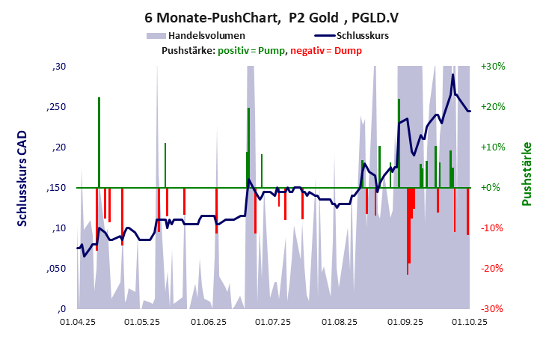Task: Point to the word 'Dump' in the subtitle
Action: point(348,51)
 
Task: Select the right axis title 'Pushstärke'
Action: point(527,174)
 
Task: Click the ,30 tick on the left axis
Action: point(58,67)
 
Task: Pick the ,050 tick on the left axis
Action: point(56,269)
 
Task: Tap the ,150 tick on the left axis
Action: point(56,188)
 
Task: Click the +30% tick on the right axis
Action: point(494,67)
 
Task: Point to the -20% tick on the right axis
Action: point(494,269)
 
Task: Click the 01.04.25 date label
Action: point(78,323)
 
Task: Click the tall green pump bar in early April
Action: point(99,142)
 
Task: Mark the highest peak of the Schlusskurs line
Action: point(452,74)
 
